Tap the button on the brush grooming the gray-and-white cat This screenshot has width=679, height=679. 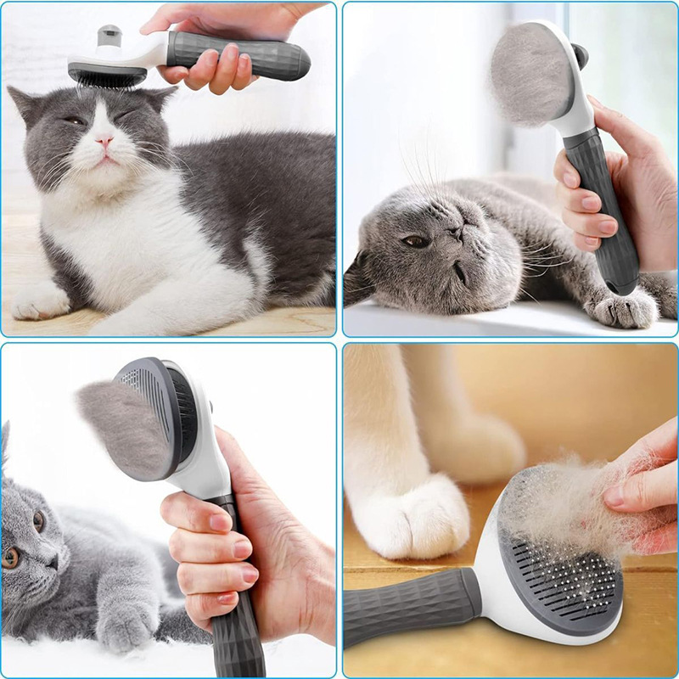pos(109,36)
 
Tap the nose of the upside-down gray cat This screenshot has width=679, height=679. pos(457,231)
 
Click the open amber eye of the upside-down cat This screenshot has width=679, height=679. pos(416,242)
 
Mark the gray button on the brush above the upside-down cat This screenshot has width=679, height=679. pos(581,56)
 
